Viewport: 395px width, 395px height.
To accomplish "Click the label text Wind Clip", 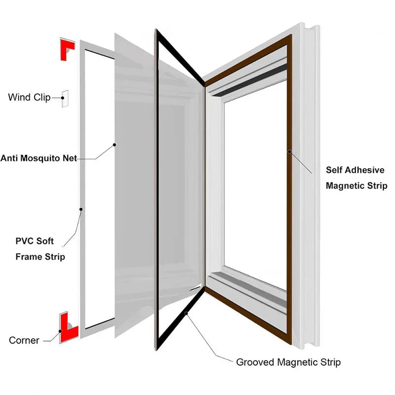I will [x=29, y=97].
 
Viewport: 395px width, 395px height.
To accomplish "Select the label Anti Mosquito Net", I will [x=39, y=158].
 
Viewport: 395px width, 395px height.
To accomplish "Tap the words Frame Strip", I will [x=40, y=257].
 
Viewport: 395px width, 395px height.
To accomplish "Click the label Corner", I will [x=24, y=340].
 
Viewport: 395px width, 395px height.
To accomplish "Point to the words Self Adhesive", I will [x=355, y=170].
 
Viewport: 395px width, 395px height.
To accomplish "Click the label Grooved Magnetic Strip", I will [x=288, y=362].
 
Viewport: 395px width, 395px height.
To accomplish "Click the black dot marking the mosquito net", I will [x=114, y=145].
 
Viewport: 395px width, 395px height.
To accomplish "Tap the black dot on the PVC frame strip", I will [x=80, y=209].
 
